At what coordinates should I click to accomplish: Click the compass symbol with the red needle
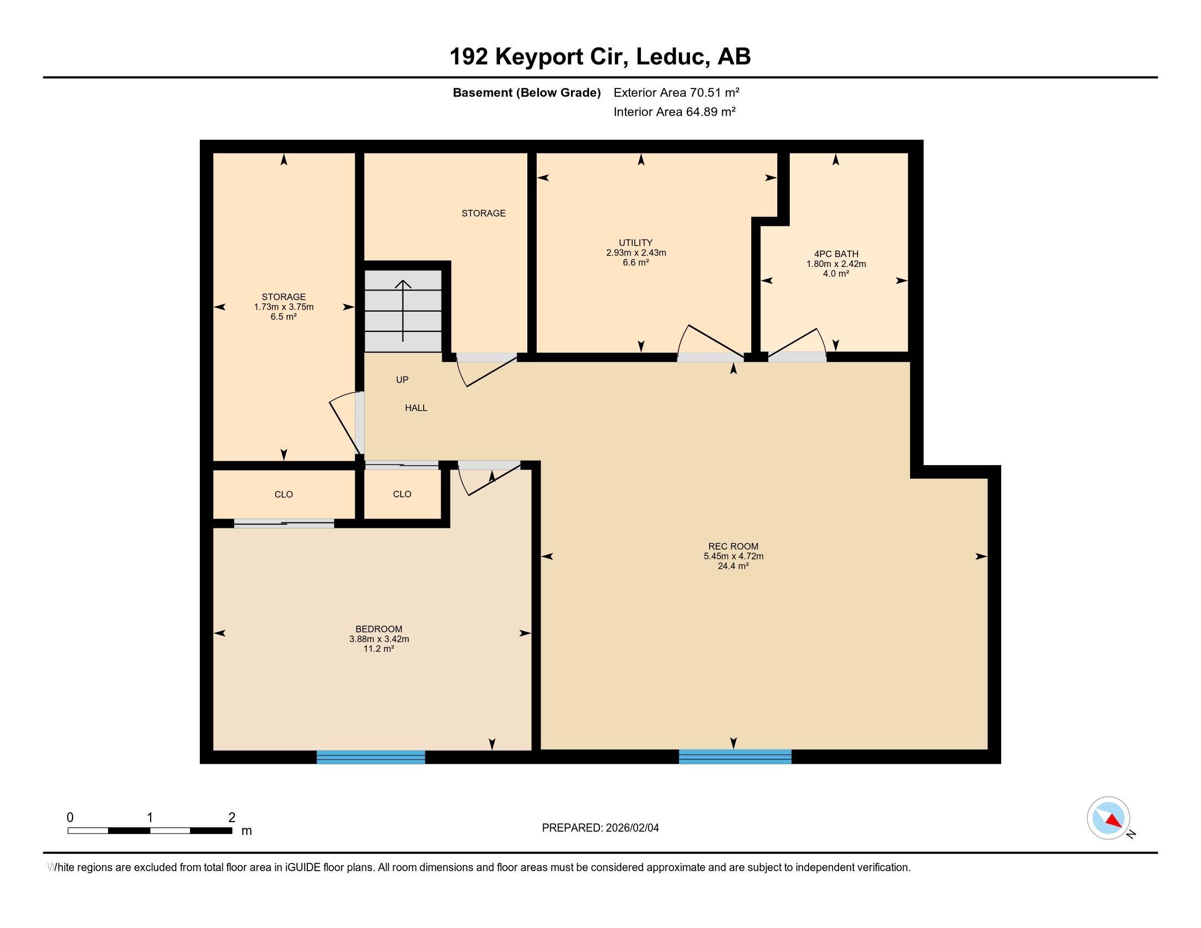pos(1109,818)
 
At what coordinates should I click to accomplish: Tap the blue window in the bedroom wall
pos(371,757)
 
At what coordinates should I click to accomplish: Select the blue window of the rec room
pos(735,757)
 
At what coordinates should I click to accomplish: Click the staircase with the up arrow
pos(403,311)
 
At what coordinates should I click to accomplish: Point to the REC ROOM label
pos(733,546)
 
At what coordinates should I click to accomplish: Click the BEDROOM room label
pos(379,629)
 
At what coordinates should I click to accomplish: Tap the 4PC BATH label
pos(836,254)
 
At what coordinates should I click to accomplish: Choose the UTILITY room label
pos(635,242)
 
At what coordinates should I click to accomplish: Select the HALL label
pos(417,408)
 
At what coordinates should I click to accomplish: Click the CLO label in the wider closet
pos(284,494)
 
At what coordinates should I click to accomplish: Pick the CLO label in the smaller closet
pos(402,493)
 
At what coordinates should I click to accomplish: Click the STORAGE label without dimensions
pos(483,213)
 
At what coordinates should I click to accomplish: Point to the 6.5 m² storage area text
pos(284,317)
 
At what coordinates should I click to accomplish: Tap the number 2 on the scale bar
pos(231,817)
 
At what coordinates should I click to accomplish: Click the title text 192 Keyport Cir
pos(539,57)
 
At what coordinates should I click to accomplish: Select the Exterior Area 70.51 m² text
pos(676,92)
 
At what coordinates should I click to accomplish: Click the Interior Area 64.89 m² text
pos(675,111)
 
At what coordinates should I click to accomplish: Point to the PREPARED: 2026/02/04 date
pos(600,828)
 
